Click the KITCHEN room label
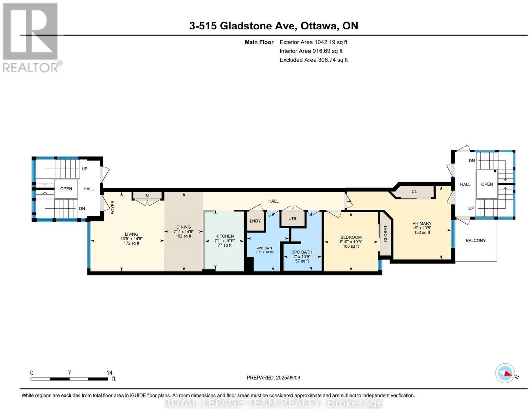(224, 236)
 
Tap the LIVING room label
(132, 234)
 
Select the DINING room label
(184, 227)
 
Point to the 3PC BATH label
(302, 252)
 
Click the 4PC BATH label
(265, 248)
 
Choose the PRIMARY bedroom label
(422, 223)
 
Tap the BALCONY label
(476, 240)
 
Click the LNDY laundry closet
(255, 221)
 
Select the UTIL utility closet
(293, 219)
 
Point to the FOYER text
(113, 207)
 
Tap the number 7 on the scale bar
(69, 373)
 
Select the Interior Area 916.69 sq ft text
(311, 51)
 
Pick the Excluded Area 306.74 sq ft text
(314, 60)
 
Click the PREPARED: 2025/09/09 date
(274, 378)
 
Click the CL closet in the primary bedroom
(414, 192)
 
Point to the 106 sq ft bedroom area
(351, 246)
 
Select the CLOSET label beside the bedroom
(385, 234)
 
